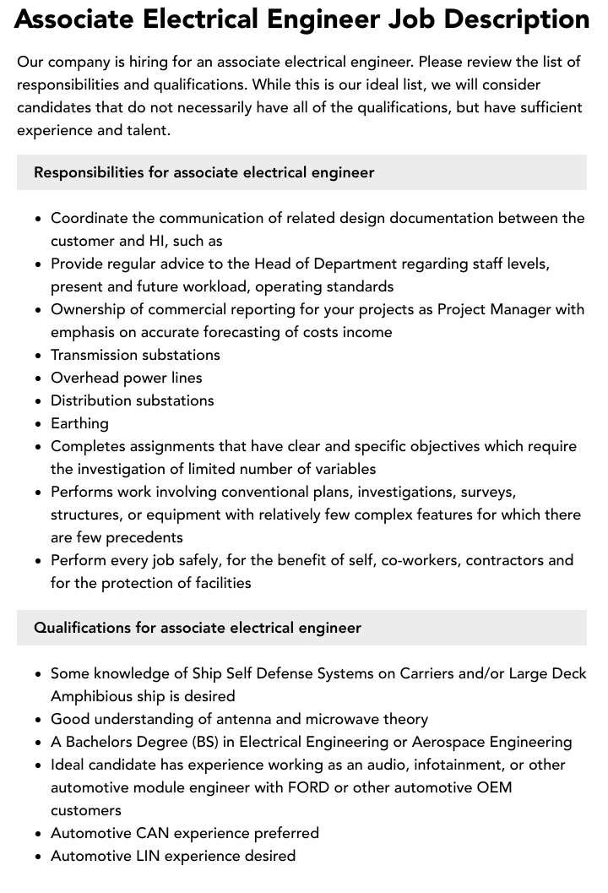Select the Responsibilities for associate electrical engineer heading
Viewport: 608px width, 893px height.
204,172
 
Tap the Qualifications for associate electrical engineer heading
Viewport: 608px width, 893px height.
197,628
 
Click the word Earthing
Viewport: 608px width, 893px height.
79,423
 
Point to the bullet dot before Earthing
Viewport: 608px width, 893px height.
38,424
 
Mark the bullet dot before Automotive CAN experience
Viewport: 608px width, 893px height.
38,834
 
